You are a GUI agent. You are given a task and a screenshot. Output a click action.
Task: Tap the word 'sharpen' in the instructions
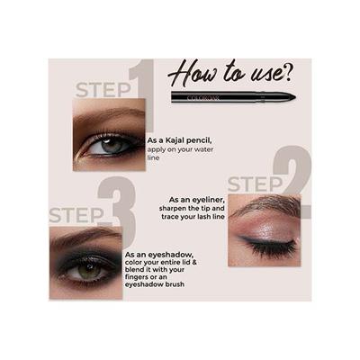[174, 209]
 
